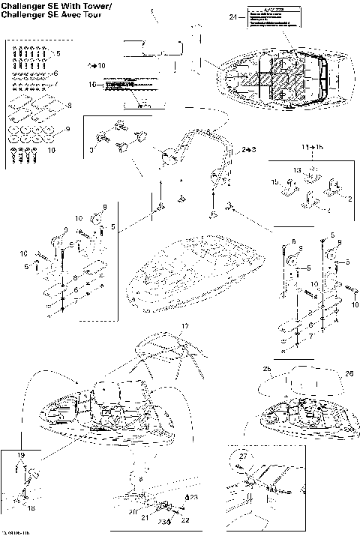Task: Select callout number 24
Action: [232, 16]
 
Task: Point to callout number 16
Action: [93, 85]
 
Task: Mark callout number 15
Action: [274, 182]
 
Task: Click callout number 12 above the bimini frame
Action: [185, 326]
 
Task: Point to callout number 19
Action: [20, 455]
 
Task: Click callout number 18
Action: [31, 508]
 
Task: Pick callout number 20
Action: [132, 512]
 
